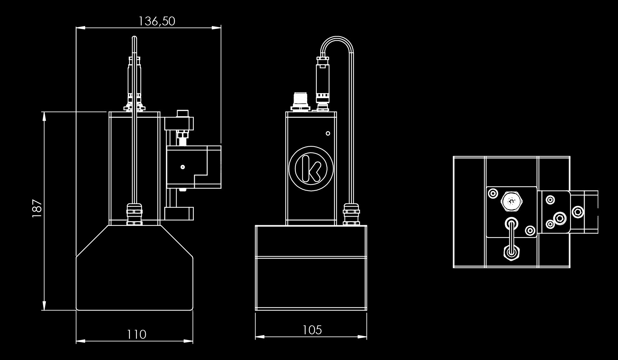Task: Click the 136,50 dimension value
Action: click(157, 21)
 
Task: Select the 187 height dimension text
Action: click(37, 208)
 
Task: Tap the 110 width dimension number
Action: click(137, 334)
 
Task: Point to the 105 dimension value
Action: click(312, 330)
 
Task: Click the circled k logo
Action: click(311, 168)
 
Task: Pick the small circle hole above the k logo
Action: click(328, 133)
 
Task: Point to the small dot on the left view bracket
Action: click(182, 167)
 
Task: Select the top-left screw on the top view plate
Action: click(493, 193)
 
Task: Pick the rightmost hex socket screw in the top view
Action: click(578, 212)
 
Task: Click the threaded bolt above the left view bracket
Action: click(182, 138)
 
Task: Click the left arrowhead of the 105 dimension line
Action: click(258, 336)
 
